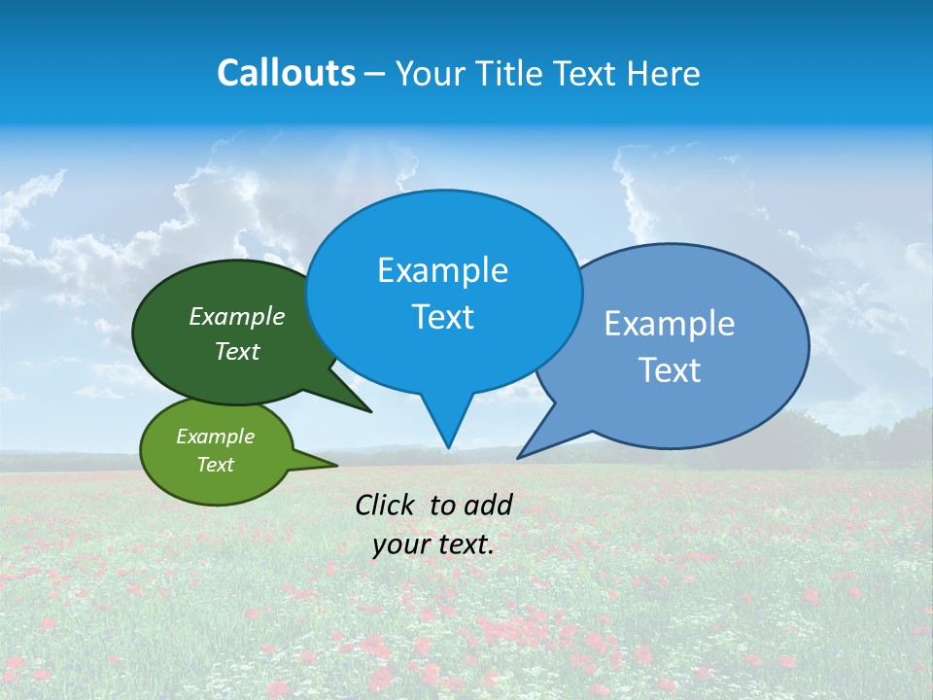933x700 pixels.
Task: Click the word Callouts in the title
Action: pyautogui.click(x=286, y=73)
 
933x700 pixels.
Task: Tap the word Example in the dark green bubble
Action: pyautogui.click(x=237, y=317)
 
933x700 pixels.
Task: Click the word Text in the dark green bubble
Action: pyautogui.click(x=237, y=351)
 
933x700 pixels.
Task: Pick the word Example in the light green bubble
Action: pyautogui.click(x=216, y=437)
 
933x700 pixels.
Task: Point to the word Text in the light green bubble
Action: pyautogui.click(x=216, y=465)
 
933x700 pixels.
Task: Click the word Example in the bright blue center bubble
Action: pyautogui.click(x=443, y=270)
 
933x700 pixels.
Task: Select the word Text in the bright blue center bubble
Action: pyautogui.click(x=443, y=317)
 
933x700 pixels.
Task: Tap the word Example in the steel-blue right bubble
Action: pyautogui.click(x=670, y=324)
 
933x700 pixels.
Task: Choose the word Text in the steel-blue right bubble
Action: pyautogui.click(x=670, y=370)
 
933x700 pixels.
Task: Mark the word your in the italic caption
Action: pyautogui.click(x=400, y=544)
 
